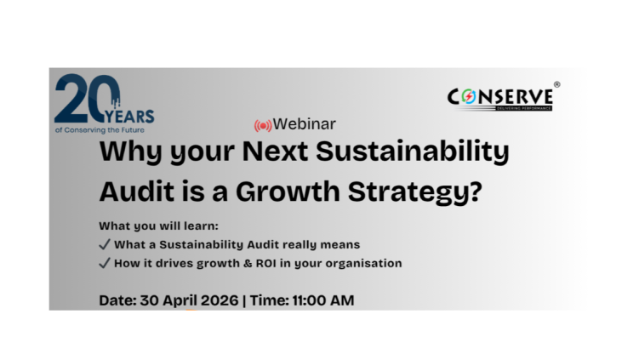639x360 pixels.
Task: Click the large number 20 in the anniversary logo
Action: [x=87, y=98]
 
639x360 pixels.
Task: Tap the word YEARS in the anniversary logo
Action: [x=129, y=117]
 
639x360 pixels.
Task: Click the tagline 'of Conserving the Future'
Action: [x=100, y=130]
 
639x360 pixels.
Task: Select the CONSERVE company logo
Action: [x=500, y=99]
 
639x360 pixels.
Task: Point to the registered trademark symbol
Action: [x=556, y=84]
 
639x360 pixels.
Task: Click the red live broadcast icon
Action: [x=263, y=126]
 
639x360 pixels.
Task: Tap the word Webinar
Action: [x=305, y=124]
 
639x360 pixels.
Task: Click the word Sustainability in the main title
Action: [x=413, y=151]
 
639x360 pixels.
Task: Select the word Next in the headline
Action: [x=275, y=151]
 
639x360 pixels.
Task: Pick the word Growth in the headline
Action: [x=288, y=191]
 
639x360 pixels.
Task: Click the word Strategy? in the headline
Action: [x=415, y=192]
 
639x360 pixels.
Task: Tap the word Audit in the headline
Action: [x=137, y=191]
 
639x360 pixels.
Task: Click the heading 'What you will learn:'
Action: [x=158, y=226]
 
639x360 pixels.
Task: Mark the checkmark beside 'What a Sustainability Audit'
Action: [x=105, y=244]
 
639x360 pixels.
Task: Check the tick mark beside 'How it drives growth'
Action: [x=105, y=263]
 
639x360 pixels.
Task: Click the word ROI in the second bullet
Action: [x=266, y=263]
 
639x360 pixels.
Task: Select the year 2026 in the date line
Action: [x=220, y=300]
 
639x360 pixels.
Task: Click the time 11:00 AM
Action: [x=323, y=300]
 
